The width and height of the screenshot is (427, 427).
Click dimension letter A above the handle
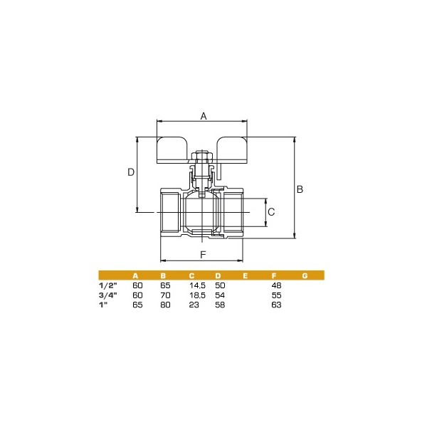[x=204, y=116]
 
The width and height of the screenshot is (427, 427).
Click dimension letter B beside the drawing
[x=300, y=189]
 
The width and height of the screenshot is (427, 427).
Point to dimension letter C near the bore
[x=271, y=212]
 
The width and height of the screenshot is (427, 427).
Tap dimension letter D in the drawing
[x=131, y=172]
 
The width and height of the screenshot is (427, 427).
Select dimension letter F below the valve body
[x=203, y=255]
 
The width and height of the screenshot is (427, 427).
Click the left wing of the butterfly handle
[x=172, y=150]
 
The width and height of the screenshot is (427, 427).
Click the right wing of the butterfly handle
[x=232, y=150]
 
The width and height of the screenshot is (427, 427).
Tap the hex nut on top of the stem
[x=202, y=156]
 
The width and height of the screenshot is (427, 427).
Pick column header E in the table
[x=245, y=276]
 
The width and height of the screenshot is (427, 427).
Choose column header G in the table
[x=305, y=276]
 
